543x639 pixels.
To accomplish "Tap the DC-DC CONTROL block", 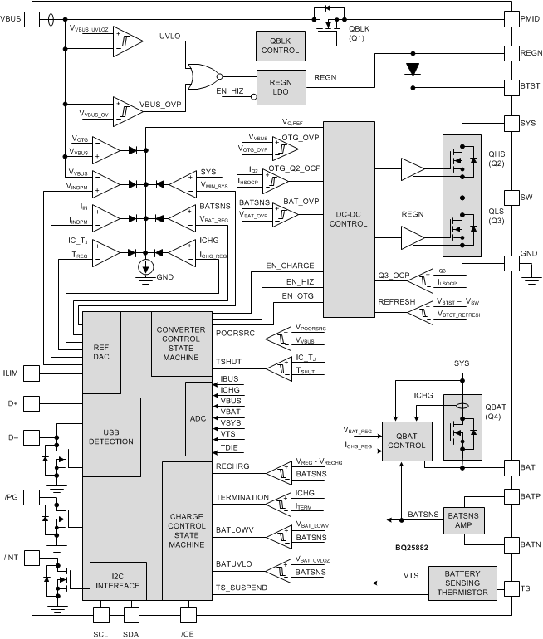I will (349, 217).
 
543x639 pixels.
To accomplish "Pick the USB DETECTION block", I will (111, 435).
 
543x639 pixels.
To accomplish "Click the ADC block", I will (198, 419).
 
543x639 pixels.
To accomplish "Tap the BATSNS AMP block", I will (466, 520).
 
